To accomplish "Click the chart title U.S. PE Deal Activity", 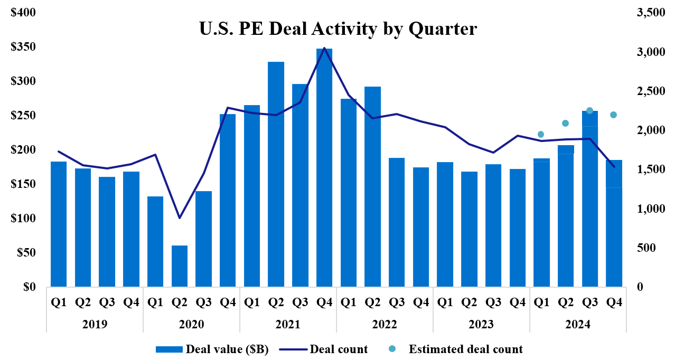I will tap(337, 29).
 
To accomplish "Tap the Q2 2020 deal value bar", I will tap(180, 266).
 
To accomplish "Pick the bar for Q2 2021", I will tap(276, 174).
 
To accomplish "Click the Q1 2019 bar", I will tap(59, 224).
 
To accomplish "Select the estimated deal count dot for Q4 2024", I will tap(613, 115).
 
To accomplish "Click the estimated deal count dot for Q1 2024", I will tap(540, 134).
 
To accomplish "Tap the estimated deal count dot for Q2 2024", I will tap(565, 123).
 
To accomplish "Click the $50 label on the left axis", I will tap(24, 253).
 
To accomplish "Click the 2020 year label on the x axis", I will tap(191, 324).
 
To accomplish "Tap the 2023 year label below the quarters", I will tap(481, 324).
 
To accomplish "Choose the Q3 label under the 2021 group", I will tap(300, 302).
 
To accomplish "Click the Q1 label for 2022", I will tap(349, 302).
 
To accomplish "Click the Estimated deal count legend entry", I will tap(459, 349).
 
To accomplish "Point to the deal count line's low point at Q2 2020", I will tap(180, 217).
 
